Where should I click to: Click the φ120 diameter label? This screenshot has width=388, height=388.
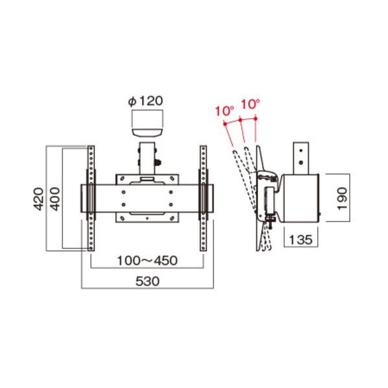[x=145, y=101]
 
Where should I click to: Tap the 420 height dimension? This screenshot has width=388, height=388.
[x=38, y=199]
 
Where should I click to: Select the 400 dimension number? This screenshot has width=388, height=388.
[x=55, y=199]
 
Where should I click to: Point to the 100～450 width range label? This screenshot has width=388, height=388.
[x=147, y=261]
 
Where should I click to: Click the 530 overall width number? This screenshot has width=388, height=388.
[x=147, y=281]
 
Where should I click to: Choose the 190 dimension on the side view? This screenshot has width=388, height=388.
[x=342, y=199]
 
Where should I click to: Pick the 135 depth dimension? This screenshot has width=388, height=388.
[x=300, y=239]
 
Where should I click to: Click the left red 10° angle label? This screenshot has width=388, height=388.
[x=224, y=111]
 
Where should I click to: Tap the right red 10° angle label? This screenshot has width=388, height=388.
[x=250, y=104]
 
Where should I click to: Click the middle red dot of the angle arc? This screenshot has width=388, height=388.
[x=240, y=120]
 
